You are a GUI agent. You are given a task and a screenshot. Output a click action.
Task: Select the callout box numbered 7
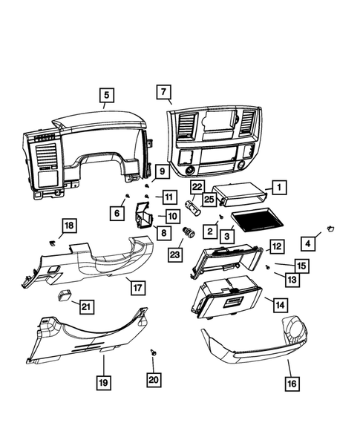163,91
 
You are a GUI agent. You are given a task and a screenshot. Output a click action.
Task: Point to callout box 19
103,383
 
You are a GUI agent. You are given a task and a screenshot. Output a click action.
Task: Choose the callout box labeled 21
87,306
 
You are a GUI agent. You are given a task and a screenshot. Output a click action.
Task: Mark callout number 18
68,226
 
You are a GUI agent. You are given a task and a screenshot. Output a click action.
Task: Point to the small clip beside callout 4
330,226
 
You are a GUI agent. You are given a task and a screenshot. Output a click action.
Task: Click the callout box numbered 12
275,246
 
